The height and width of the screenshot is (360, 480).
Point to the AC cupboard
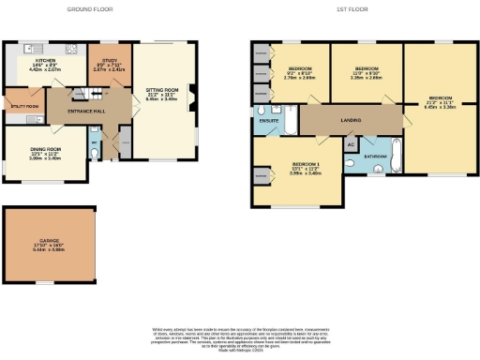350,144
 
